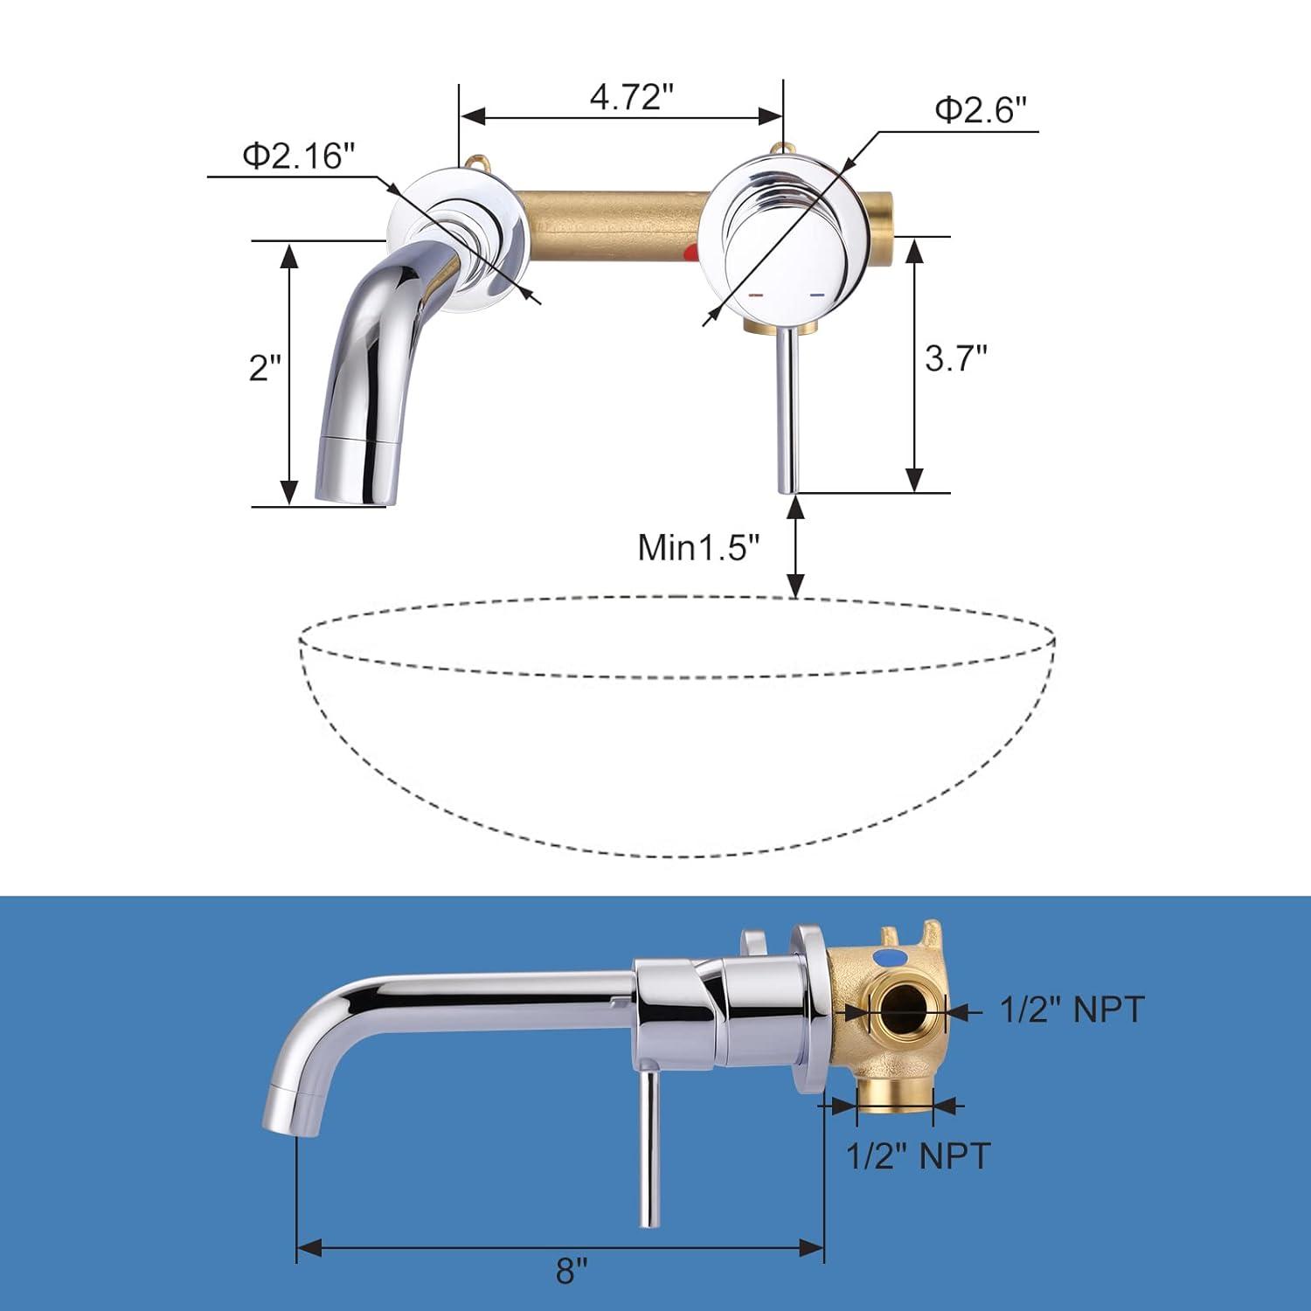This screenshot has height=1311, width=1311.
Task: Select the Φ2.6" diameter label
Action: coord(980,110)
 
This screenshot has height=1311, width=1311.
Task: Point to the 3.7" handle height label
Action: coord(956,357)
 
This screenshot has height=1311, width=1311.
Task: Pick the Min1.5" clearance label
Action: coord(699,547)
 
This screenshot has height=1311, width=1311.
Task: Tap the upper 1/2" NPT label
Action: coord(1072,1009)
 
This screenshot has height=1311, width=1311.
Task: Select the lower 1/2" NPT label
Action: coord(918,1155)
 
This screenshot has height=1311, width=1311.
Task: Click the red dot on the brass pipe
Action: coord(692,254)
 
